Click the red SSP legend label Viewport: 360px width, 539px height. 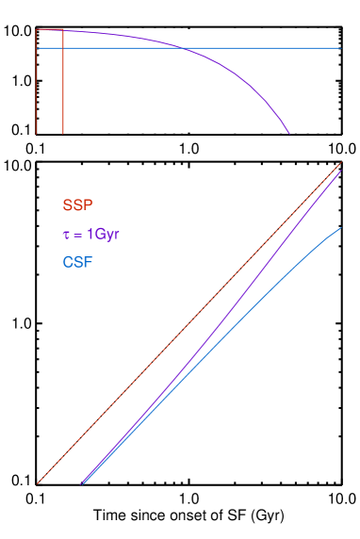click(x=78, y=204)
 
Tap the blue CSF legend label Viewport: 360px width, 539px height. click(x=78, y=261)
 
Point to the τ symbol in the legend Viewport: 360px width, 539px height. click(x=66, y=234)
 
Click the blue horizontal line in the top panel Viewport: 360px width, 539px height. click(x=264, y=47)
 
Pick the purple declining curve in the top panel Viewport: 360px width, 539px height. click(x=236, y=72)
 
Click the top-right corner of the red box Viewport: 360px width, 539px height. click(x=63, y=30)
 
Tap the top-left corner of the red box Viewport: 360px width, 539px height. click(x=37, y=30)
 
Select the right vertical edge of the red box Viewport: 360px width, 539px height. click(x=63, y=85)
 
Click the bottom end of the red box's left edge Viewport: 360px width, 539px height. click(x=37, y=134)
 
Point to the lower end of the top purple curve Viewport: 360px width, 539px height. click(x=289, y=134)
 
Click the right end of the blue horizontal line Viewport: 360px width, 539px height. click(x=339, y=47)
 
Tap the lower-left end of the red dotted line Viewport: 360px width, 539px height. click(x=38, y=484)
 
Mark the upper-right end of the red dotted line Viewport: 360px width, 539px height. click(x=339, y=164)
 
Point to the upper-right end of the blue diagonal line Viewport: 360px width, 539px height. click(x=339, y=227)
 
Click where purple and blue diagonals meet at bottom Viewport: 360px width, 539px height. click(x=83, y=483)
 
